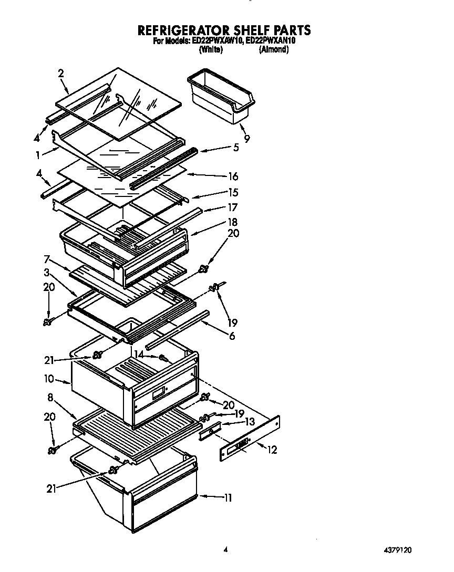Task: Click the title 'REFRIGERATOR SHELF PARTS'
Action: pyautogui.click(x=223, y=30)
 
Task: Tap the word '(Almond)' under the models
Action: pyautogui.click(x=273, y=49)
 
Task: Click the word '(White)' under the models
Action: pyautogui.click(x=210, y=49)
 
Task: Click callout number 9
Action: pyautogui.click(x=246, y=139)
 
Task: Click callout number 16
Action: pyautogui.click(x=233, y=176)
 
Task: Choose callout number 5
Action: pyautogui.click(x=236, y=148)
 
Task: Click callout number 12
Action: pyautogui.click(x=272, y=450)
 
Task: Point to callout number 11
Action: pyautogui.click(x=227, y=497)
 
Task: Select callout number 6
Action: pyautogui.click(x=231, y=336)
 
